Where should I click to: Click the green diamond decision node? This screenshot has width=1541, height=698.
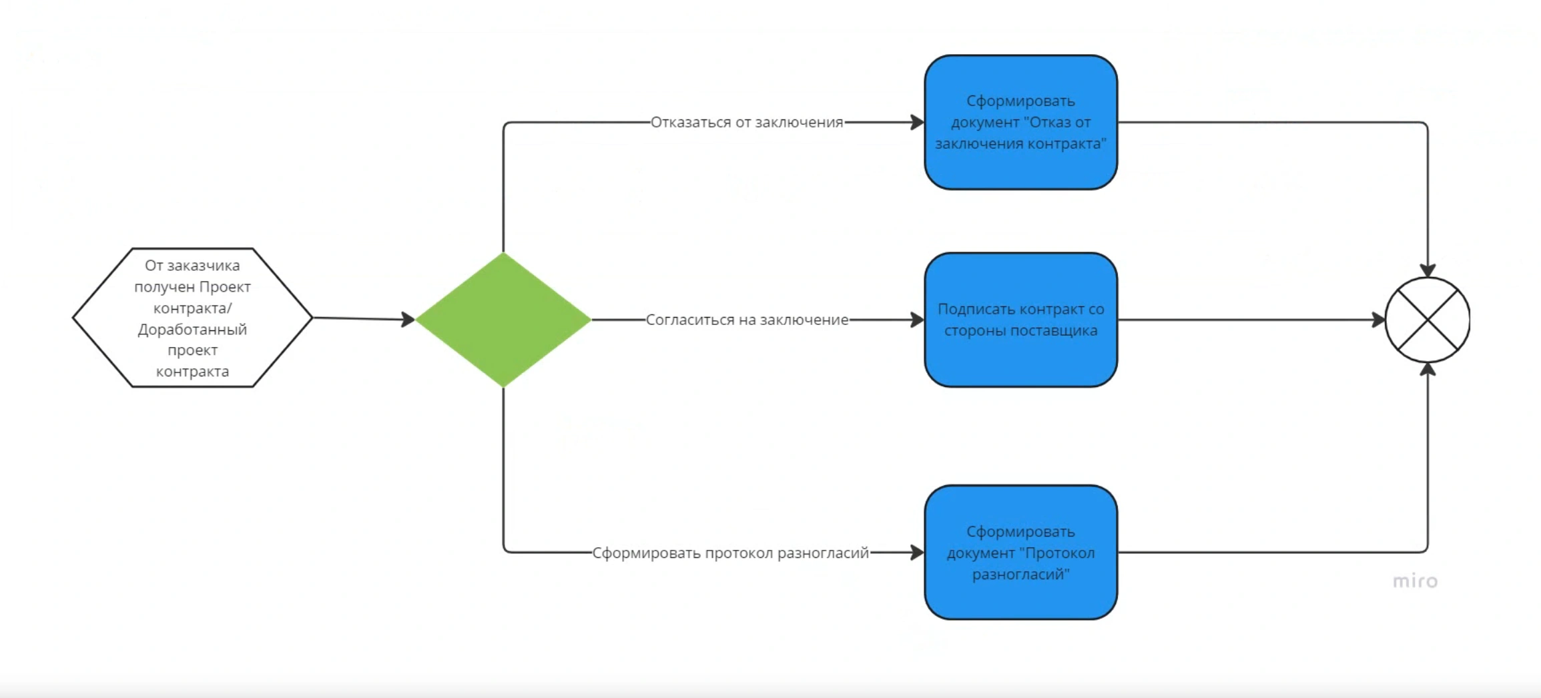[x=503, y=320]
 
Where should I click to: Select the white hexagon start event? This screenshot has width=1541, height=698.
[x=192, y=318]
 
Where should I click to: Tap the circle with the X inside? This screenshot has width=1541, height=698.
[x=1428, y=320]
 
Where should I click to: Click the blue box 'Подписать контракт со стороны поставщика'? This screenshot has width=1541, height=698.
[x=1020, y=320]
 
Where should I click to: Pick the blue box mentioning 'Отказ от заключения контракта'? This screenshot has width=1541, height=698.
[x=1020, y=122]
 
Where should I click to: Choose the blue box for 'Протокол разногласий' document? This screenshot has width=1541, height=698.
[x=1020, y=553]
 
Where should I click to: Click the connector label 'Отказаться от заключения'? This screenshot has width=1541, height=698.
[x=747, y=122]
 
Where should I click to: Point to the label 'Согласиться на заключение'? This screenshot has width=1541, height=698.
[x=747, y=320]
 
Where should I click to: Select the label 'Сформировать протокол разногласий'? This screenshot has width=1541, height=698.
[x=731, y=553]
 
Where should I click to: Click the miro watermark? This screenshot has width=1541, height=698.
[x=1415, y=581]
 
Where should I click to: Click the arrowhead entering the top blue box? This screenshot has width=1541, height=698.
[x=918, y=122]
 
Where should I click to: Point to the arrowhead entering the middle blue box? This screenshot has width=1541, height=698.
[x=918, y=320]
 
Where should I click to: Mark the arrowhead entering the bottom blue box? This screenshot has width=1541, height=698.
[x=918, y=553]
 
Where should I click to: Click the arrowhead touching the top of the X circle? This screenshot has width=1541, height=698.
[x=1428, y=270]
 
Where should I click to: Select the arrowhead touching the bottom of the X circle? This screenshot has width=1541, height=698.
[x=1428, y=369]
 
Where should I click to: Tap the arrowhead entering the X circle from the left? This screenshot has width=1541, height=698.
[x=1379, y=320]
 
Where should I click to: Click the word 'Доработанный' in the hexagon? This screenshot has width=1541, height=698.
[x=192, y=330]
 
